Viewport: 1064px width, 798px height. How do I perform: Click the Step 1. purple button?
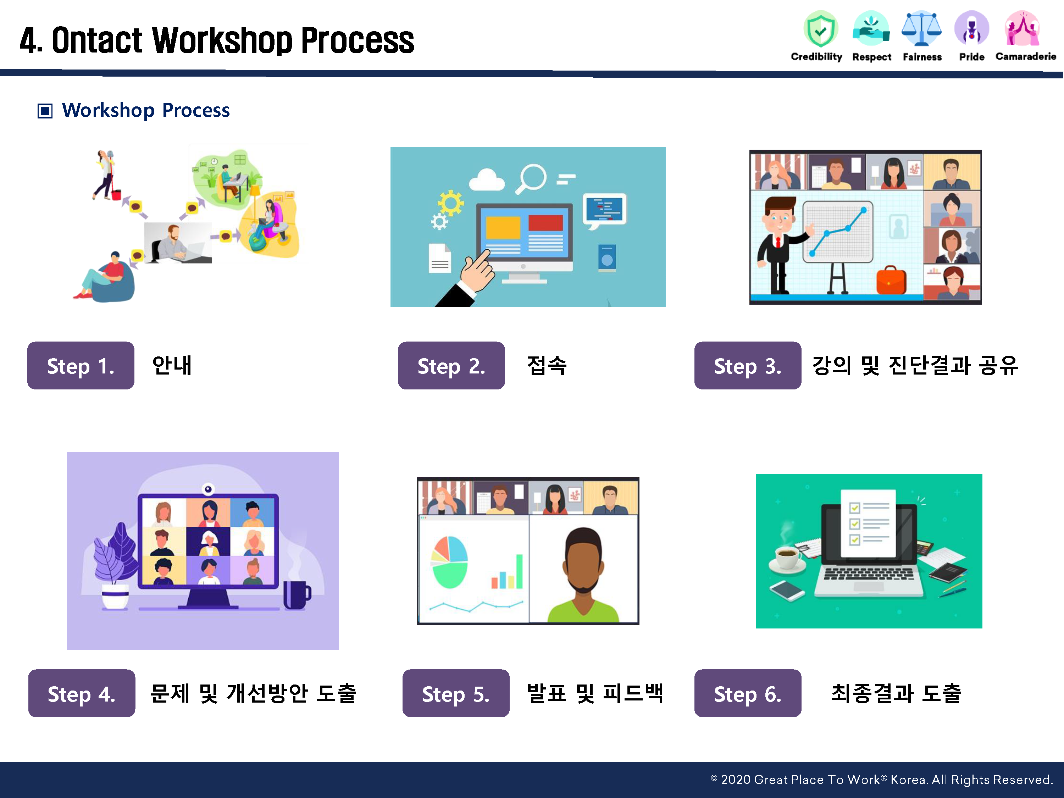tap(81, 366)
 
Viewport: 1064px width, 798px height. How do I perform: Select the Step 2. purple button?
tap(452, 366)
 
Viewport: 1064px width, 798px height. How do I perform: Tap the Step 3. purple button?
tap(748, 366)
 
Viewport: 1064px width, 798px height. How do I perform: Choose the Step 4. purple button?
tap(82, 693)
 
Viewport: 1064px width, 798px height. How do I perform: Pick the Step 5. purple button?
tap(456, 693)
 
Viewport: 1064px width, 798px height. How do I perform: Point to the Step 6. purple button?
tap(748, 693)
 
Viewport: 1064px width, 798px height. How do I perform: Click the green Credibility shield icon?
tap(821, 29)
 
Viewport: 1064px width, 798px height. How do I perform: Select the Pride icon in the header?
tap(972, 28)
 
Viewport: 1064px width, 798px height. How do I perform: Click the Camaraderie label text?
tap(1026, 57)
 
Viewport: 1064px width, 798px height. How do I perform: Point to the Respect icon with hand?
tap(871, 29)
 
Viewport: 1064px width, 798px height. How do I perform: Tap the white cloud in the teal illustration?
tap(487, 179)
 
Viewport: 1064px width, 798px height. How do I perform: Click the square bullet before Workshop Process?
tap(45, 111)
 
